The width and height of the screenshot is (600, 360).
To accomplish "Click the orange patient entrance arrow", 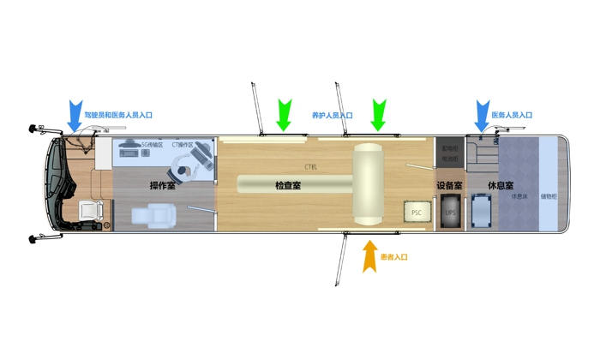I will [370, 256].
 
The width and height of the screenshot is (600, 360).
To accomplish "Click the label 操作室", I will [162, 185].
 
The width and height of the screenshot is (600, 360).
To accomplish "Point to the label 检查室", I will [287, 185].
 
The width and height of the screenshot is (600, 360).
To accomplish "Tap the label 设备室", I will [449, 185].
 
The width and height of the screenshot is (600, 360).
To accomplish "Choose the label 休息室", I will [501, 185].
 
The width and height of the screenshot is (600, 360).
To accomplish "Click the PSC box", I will [417, 212].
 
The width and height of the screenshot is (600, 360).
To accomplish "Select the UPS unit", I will [450, 212].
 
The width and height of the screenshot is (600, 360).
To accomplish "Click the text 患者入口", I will [393, 257].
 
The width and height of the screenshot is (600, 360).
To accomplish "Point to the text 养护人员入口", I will [332, 115].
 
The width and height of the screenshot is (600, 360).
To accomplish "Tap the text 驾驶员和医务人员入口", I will [117, 114].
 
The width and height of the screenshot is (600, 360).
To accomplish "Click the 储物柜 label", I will [549, 196].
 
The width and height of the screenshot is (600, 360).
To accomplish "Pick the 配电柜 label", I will [449, 148].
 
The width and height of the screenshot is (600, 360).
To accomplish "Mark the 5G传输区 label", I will [152, 145].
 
